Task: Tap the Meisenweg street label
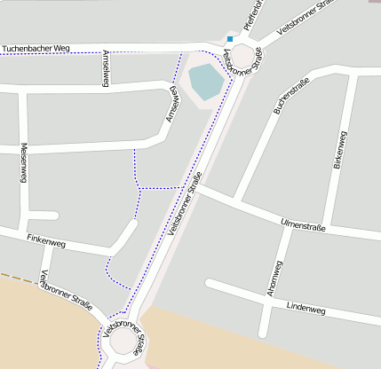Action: coord(24,163)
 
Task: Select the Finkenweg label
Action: coord(46,242)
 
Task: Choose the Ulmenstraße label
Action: coord(303,224)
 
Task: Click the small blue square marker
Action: coord(229,39)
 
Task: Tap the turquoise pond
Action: coord(205,81)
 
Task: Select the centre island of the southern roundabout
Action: coord(123,341)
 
